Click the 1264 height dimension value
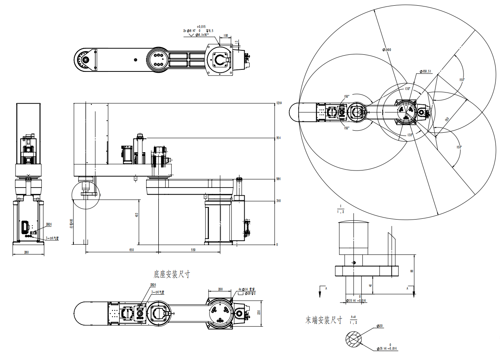278,103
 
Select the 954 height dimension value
278,138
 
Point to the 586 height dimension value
278,179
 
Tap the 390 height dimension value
278,200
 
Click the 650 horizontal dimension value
131,250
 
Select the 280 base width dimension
26,252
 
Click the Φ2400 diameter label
386,50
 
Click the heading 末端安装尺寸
324,320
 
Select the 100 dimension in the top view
226,36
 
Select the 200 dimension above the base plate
220,289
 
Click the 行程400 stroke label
71,224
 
